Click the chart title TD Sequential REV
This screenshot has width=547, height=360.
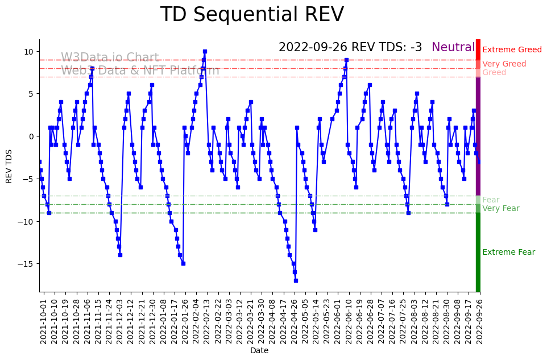coord(252,15)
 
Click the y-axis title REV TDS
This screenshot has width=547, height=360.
coord(9,165)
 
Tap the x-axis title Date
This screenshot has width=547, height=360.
coord(259,351)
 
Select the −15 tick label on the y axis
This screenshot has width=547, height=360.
coord(27,264)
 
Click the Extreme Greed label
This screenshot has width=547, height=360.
coord(512,50)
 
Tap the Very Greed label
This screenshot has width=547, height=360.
coord(504,64)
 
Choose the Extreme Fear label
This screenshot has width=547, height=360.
coord(508,253)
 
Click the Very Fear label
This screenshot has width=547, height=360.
coord(500,209)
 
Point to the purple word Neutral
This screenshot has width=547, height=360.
coord(453,48)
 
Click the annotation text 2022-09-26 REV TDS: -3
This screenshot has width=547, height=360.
coord(350,48)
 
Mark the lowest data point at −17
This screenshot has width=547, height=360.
coord(296,280)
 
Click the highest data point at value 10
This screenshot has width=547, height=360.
coord(205,51)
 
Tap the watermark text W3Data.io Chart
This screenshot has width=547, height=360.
coord(110,58)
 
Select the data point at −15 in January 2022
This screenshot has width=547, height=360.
coord(183,263)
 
